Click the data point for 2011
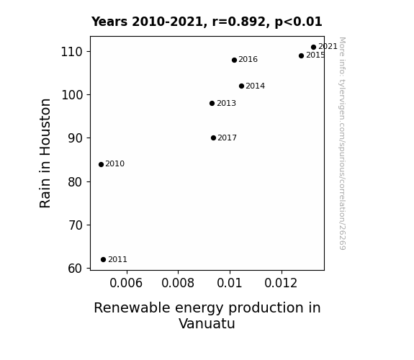(x=103, y=260)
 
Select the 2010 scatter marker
(x=101, y=165)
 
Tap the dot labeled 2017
(x=213, y=138)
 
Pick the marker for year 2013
(x=212, y=103)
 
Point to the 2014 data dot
(x=241, y=86)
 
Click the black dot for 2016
(x=234, y=60)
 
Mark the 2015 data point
(x=301, y=55)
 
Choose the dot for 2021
(x=313, y=48)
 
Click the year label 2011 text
(x=118, y=260)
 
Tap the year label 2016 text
(x=248, y=60)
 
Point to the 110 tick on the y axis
(x=71, y=52)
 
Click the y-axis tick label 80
(x=75, y=182)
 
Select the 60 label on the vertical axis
(x=75, y=269)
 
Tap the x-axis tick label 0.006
(x=126, y=283)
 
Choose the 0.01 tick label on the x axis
(x=230, y=283)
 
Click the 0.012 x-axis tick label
(x=281, y=283)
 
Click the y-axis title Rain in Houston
(x=45, y=153)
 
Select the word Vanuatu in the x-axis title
(x=207, y=323)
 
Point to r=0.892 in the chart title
(x=239, y=22)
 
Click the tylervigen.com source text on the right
(x=342, y=143)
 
